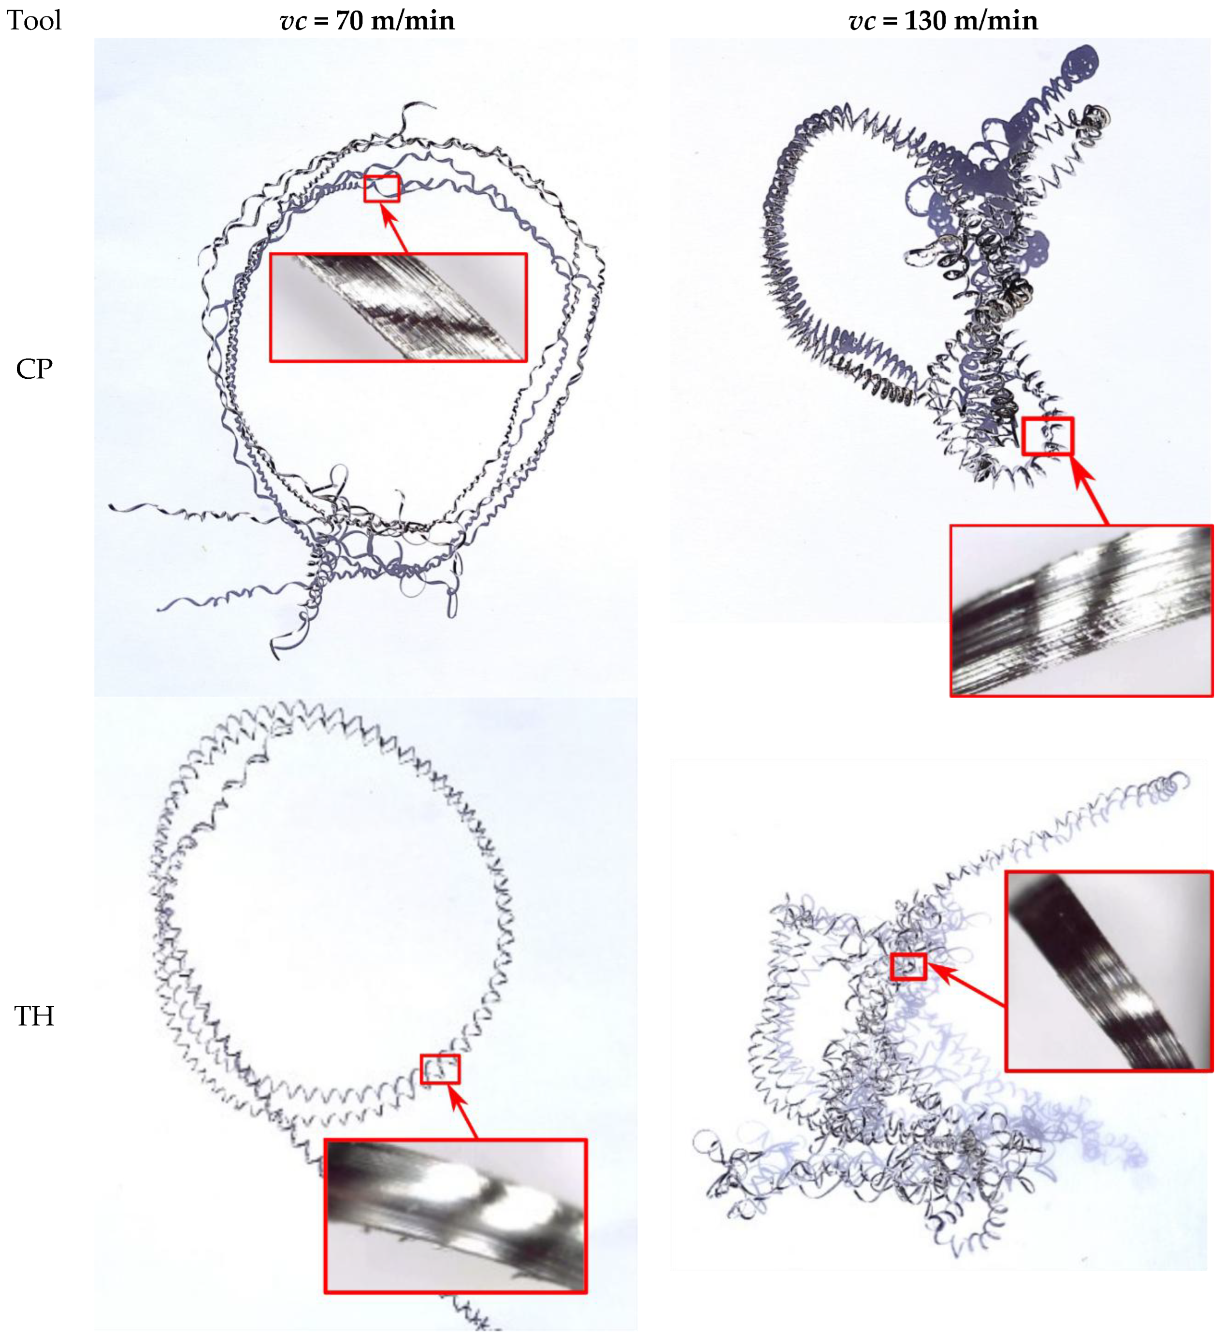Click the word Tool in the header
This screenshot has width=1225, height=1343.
tap(34, 21)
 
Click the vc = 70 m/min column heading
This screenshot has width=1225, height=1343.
tap(367, 21)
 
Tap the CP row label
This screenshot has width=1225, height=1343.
tap(34, 369)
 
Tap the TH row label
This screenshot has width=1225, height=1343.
tap(34, 1016)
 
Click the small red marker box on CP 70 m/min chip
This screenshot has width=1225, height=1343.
tap(381, 188)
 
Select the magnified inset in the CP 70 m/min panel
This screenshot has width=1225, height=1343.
tap(398, 307)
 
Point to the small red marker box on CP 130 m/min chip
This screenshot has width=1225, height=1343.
tap(1048, 436)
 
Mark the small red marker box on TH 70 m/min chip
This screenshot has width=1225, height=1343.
tap(440, 1069)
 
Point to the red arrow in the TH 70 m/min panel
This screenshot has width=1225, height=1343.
tap(464, 1111)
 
